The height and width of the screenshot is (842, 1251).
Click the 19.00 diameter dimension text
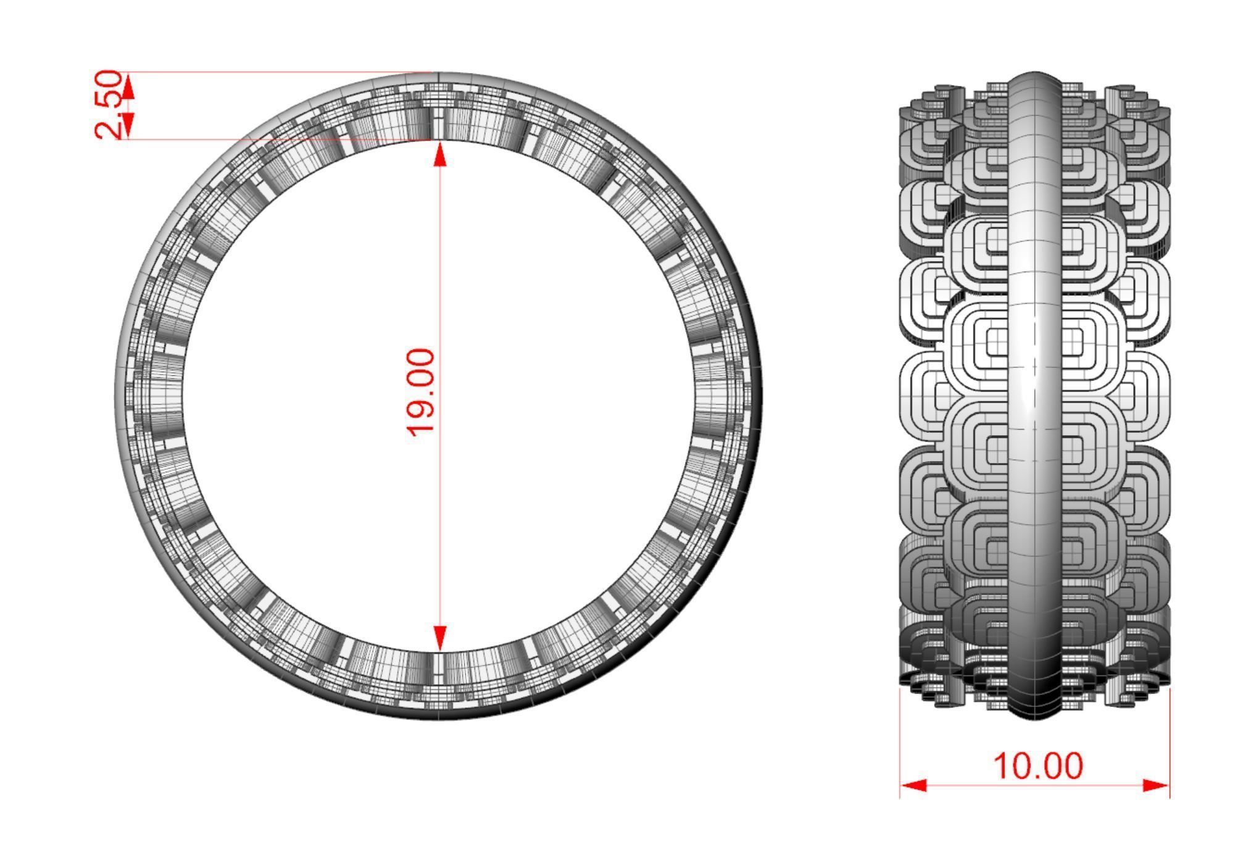click(x=422, y=392)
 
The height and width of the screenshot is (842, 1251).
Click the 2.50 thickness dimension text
click(x=109, y=105)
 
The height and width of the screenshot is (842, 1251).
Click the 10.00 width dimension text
click(x=1038, y=766)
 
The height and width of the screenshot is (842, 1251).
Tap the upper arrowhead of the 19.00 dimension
click(x=439, y=154)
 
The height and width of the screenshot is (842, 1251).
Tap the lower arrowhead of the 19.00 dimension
click(x=439, y=638)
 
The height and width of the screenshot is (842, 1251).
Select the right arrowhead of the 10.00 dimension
click(x=1155, y=785)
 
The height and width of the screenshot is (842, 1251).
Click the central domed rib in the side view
click(x=1035, y=395)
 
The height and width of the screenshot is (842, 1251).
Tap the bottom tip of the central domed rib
click(x=1035, y=718)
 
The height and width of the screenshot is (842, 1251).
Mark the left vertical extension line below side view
click(x=900, y=741)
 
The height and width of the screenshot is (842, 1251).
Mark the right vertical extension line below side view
click(x=1170, y=741)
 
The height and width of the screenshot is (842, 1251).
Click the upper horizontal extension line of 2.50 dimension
click(x=278, y=72)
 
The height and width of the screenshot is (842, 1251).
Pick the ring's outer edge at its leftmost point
click(x=116, y=395)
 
